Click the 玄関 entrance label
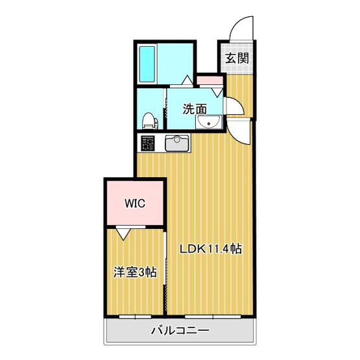coord(236,57)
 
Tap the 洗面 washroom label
coord(194,109)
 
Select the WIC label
coord(135,202)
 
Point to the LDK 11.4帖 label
coord(210,248)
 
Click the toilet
coord(149,120)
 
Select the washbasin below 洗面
coord(210,123)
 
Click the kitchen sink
coord(176,143)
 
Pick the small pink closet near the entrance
coord(210,81)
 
